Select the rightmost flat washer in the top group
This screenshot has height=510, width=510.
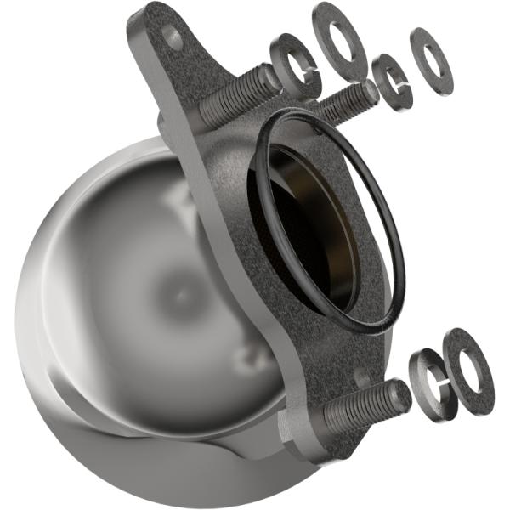431,59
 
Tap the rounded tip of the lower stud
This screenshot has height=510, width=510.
399,394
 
